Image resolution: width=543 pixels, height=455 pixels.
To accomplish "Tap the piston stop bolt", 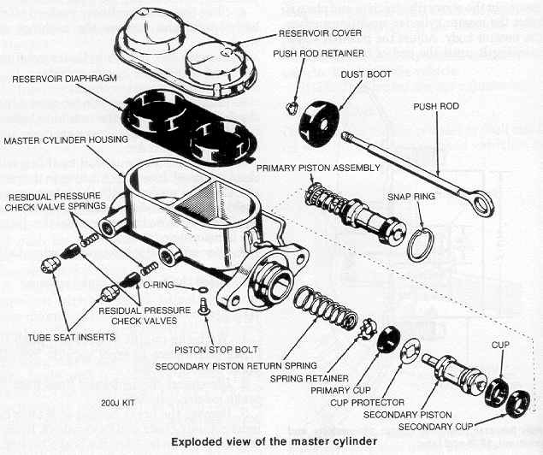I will click(204, 305).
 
